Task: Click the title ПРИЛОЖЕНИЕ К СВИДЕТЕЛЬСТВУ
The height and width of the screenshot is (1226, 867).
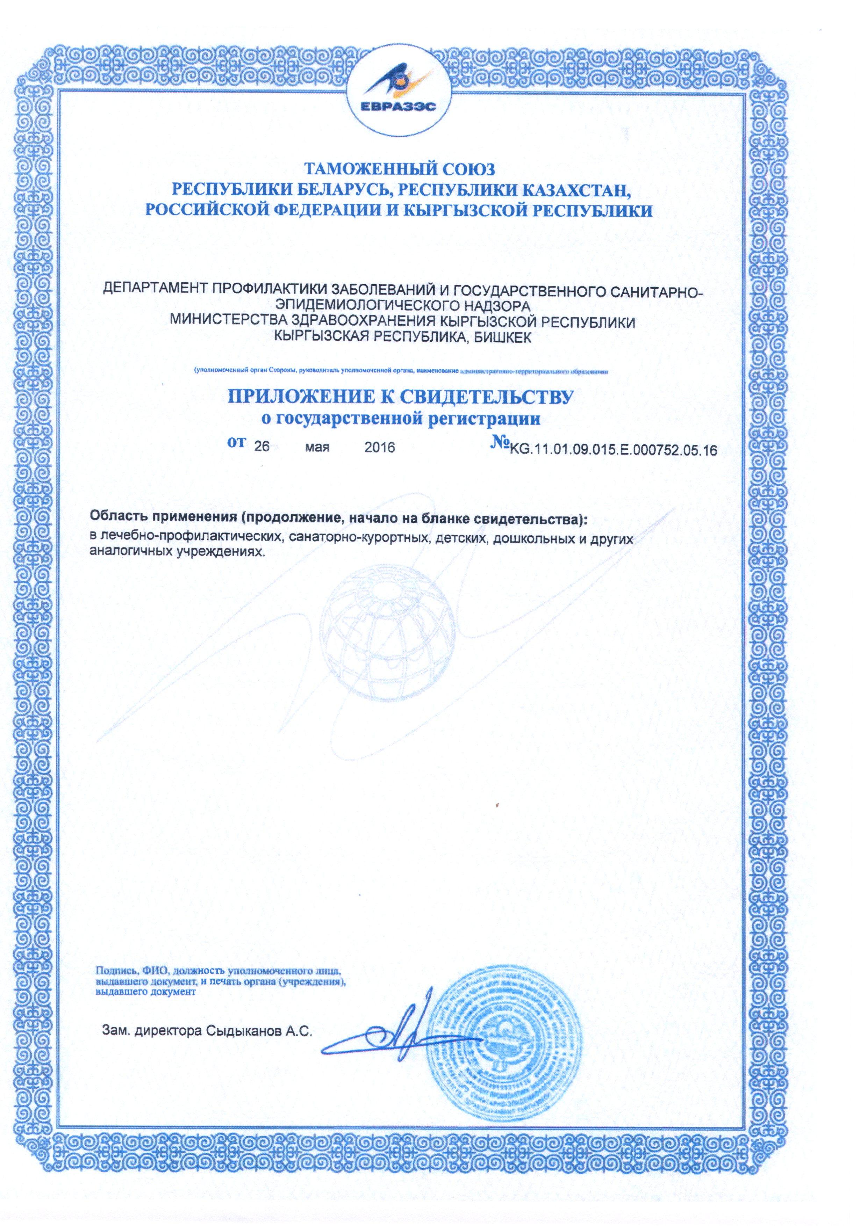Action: click(401, 398)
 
